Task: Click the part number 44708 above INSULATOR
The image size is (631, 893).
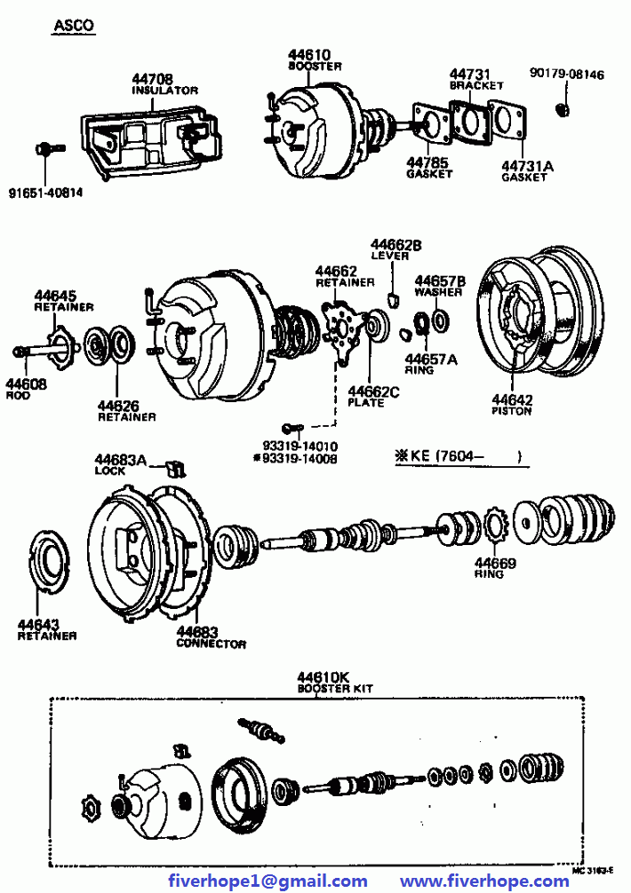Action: click(x=153, y=79)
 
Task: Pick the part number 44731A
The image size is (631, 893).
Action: click(x=526, y=165)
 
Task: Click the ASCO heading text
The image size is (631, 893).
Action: click(x=74, y=26)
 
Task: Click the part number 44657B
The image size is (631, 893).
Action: click(x=441, y=280)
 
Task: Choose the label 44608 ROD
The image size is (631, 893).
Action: click(x=26, y=390)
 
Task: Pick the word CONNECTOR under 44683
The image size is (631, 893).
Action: click(x=211, y=644)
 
